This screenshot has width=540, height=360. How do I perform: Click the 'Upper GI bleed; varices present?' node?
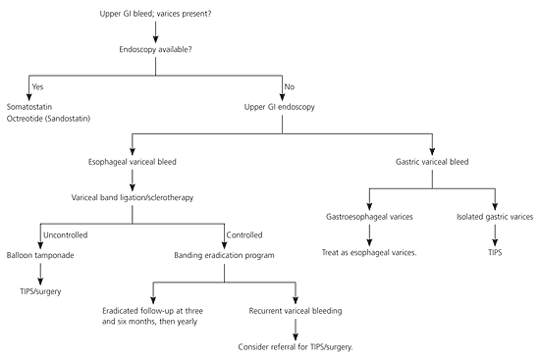(155, 14)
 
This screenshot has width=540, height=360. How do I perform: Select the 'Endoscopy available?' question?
(155, 50)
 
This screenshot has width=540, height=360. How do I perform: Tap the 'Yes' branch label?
(37, 86)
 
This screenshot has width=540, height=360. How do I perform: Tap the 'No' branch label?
(290, 86)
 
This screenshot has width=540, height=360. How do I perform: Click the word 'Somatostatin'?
(29, 107)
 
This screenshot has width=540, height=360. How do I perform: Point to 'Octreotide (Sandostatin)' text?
(48, 119)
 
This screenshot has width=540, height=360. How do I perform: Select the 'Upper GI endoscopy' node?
(279, 107)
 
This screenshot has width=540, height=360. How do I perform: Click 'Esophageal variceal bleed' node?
(133, 162)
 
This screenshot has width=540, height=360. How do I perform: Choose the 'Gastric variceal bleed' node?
(432, 162)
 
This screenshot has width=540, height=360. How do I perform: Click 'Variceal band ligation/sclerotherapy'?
(133, 198)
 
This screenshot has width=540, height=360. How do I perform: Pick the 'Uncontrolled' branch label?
(66, 235)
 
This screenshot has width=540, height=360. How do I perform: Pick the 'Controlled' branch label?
(244, 235)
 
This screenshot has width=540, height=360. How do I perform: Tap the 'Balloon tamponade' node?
(40, 255)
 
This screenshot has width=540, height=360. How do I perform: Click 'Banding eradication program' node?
(224, 256)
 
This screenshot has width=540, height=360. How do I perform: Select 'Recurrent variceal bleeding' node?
(296, 311)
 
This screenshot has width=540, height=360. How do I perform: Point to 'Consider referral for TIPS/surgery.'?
(296, 347)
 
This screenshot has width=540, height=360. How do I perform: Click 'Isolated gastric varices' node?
(495, 217)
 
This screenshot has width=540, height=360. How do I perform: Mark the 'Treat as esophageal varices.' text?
(369, 253)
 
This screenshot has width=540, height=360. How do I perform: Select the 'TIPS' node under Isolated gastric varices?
(495, 253)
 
